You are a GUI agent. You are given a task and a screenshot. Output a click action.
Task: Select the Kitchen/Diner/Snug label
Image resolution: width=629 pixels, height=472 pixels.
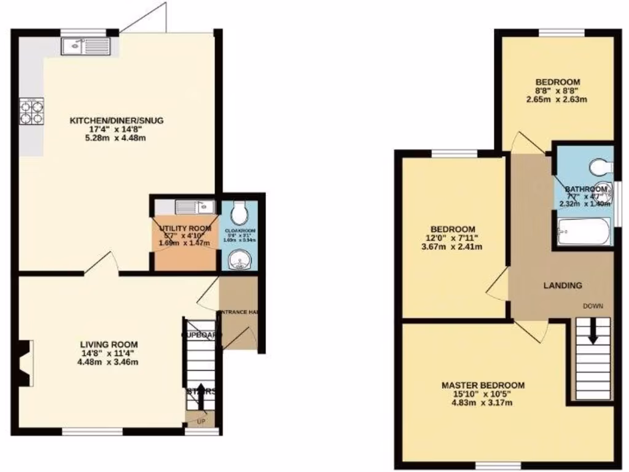coord(116,120)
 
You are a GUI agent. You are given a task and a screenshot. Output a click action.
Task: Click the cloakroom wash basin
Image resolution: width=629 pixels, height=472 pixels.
coord(238,262)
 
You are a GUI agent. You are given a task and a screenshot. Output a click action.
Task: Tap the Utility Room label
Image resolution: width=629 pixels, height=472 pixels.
coord(184,229)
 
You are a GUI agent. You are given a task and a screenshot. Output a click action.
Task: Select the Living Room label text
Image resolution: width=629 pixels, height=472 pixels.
coord(109,344)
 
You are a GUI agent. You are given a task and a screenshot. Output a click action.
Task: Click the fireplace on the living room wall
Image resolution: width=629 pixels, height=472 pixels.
coord(23,363)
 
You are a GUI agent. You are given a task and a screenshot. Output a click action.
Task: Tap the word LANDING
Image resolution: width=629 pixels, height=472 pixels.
coord(563,285)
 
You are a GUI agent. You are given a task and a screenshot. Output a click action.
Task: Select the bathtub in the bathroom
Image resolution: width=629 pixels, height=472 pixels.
coord(584,232)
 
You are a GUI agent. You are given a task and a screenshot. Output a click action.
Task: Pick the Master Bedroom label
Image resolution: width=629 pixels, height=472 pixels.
coord(483,385)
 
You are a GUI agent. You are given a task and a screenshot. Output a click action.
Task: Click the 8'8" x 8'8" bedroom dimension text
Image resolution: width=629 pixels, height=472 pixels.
coord(557,91)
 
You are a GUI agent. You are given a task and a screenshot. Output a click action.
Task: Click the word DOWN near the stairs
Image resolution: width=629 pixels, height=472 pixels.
coord(593,305)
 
